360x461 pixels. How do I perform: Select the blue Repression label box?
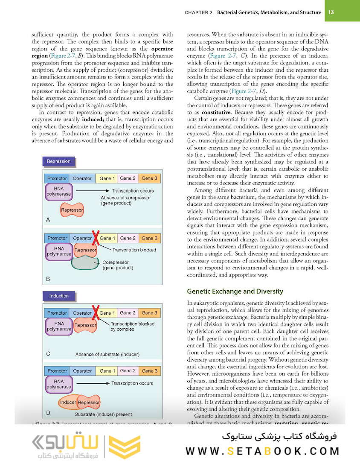pyautogui.click(x=58, y=161)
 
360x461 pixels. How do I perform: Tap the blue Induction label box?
pyautogui.click(x=58, y=296)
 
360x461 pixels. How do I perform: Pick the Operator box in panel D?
pyautogui.click(x=82, y=371)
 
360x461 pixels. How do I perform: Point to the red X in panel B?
pyautogui.click(x=96, y=236)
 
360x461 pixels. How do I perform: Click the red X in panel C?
pyautogui.click(x=96, y=311)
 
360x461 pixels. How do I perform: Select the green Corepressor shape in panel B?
pyautogui.click(x=87, y=263)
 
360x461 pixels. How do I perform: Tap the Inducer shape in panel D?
pyautogui.click(x=68, y=403)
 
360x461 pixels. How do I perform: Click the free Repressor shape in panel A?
pyautogui.click(x=72, y=210)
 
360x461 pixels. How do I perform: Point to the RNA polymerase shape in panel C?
pyautogui.click(x=59, y=327)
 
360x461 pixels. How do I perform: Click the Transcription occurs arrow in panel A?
pyautogui.click(x=92, y=190)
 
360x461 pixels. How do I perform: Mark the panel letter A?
pyautogui.click(x=47, y=219)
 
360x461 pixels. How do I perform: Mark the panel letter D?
pyautogui.click(x=48, y=412)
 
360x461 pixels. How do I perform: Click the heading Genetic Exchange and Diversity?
pyautogui.click(x=235, y=292)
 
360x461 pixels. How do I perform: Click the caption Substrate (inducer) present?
pyautogui.click(x=103, y=414)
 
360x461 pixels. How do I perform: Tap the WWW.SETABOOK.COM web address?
pyautogui.click(x=262, y=451)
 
